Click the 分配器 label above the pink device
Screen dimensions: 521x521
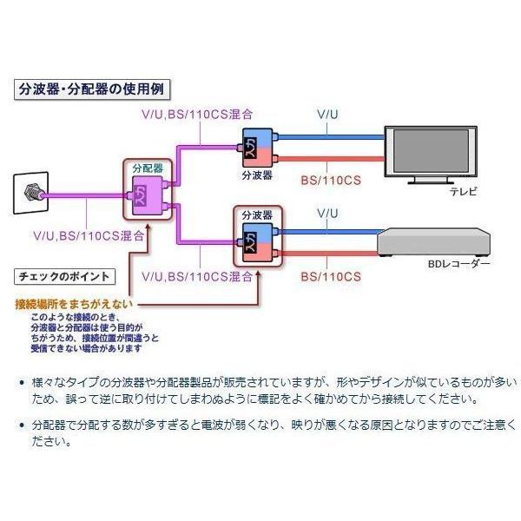[147, 166]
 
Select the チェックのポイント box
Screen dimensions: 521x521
[64, 278]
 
